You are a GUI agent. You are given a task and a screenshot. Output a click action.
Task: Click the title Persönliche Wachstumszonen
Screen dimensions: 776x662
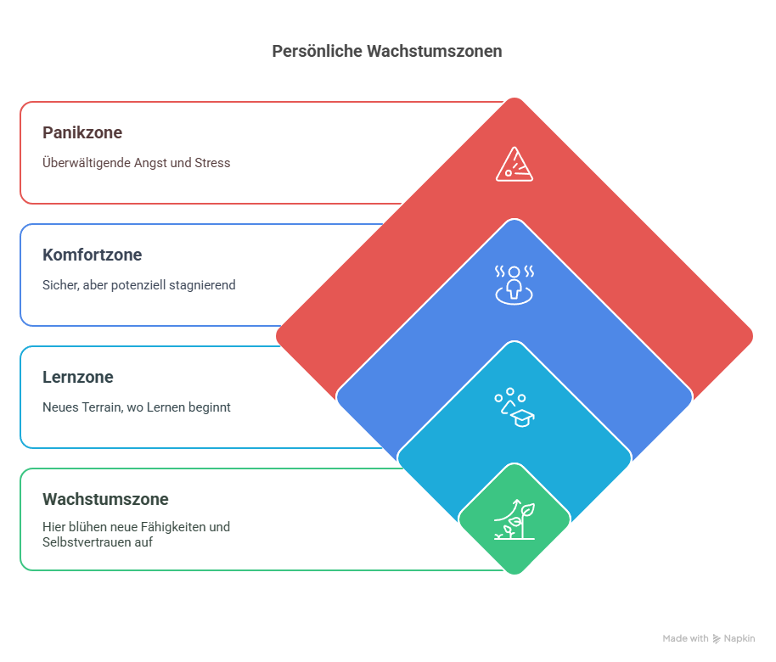387,51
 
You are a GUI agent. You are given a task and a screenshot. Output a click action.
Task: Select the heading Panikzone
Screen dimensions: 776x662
82,132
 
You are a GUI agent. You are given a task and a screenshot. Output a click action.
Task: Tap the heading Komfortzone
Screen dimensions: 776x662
92,255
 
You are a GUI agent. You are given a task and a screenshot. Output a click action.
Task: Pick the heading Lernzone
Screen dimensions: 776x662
78,377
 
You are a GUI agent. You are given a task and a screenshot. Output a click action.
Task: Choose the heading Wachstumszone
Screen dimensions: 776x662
105,499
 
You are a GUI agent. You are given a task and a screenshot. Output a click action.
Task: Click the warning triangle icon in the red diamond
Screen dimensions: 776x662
515,165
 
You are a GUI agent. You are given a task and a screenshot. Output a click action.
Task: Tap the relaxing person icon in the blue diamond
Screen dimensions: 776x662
515,285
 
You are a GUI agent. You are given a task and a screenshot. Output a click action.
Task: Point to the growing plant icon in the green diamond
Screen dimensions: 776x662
515,519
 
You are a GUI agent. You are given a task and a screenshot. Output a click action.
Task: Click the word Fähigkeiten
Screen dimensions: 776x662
178,527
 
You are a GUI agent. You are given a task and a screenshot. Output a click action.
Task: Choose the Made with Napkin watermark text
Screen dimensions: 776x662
709,639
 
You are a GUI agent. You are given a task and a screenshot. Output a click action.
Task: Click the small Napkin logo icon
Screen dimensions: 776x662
716,639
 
